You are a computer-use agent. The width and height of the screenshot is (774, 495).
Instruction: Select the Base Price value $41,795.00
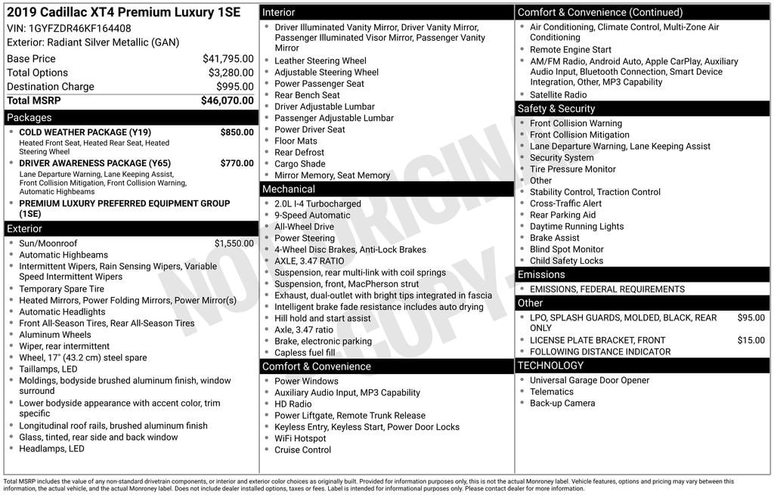[228, 59]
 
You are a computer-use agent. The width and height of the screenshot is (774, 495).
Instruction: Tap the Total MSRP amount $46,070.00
[227, 101]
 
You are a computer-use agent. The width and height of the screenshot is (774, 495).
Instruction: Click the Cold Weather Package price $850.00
[237, 132]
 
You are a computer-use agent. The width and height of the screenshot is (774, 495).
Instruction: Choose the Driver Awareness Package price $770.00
[237, 163]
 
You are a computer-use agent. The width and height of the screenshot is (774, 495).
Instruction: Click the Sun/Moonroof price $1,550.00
[234, 243]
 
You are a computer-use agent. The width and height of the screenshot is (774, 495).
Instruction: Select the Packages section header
[29, 118]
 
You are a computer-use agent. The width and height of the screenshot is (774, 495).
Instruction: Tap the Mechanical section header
[288, 189]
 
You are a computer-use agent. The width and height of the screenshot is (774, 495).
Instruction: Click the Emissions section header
[541, 274]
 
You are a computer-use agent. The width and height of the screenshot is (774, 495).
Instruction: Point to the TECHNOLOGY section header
[550, 366]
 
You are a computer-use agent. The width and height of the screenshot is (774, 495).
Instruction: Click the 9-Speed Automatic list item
[312, 215]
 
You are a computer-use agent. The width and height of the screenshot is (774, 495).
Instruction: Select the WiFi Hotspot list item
[300, 438]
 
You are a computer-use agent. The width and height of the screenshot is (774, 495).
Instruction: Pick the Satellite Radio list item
[558, 95]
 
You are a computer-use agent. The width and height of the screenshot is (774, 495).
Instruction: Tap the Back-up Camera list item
[562, 404]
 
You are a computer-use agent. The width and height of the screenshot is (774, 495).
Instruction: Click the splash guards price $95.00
[751, 318]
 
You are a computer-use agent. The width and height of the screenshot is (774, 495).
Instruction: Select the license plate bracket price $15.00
[751, 341]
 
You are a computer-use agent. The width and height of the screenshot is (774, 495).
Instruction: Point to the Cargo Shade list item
[299, 164]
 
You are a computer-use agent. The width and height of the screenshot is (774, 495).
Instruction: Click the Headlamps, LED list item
[51, 449]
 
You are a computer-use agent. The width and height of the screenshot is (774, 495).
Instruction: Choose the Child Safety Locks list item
[566, 261]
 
